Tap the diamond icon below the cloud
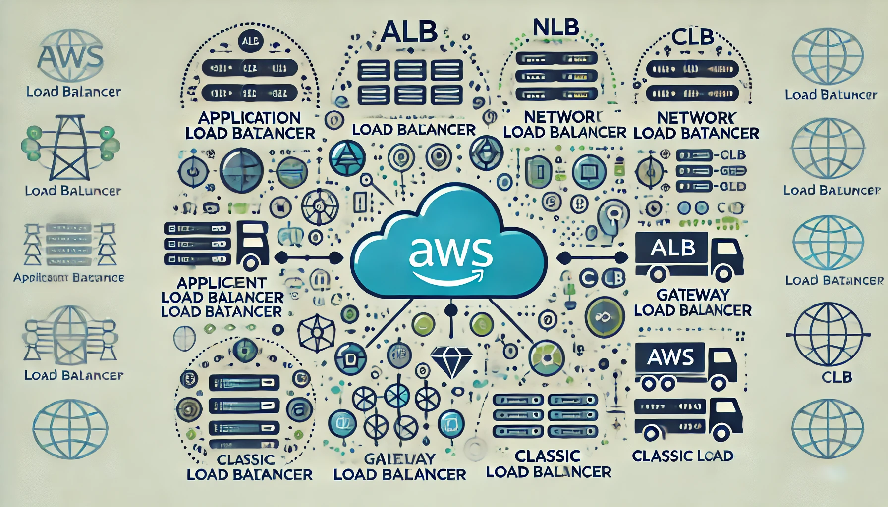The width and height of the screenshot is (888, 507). [x=450, y=361]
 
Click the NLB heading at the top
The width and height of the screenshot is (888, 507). [x=555, y=27]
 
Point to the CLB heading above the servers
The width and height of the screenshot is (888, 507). [x=693, y=37]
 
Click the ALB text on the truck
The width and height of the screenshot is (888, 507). [x=672, y=248]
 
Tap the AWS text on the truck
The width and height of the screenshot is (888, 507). [x=670, y=357]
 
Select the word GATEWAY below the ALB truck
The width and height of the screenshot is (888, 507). [x=693, y=295]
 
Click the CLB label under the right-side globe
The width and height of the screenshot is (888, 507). [x=836, y=377]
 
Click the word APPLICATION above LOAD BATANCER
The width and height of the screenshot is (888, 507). [x=249, y=118]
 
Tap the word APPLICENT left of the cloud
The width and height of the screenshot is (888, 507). [x=222, y=283]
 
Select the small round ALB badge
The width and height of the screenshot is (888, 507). [x=250, y=42]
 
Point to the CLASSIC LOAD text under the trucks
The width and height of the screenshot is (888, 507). [x=682, y=456]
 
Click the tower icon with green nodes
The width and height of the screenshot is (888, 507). [x=70, y=147]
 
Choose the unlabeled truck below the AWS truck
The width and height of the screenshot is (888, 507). [x=688, y=418]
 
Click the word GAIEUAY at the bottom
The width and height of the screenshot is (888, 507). [x=400, y=459]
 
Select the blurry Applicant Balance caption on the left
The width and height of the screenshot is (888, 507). [x=68, y=278]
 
